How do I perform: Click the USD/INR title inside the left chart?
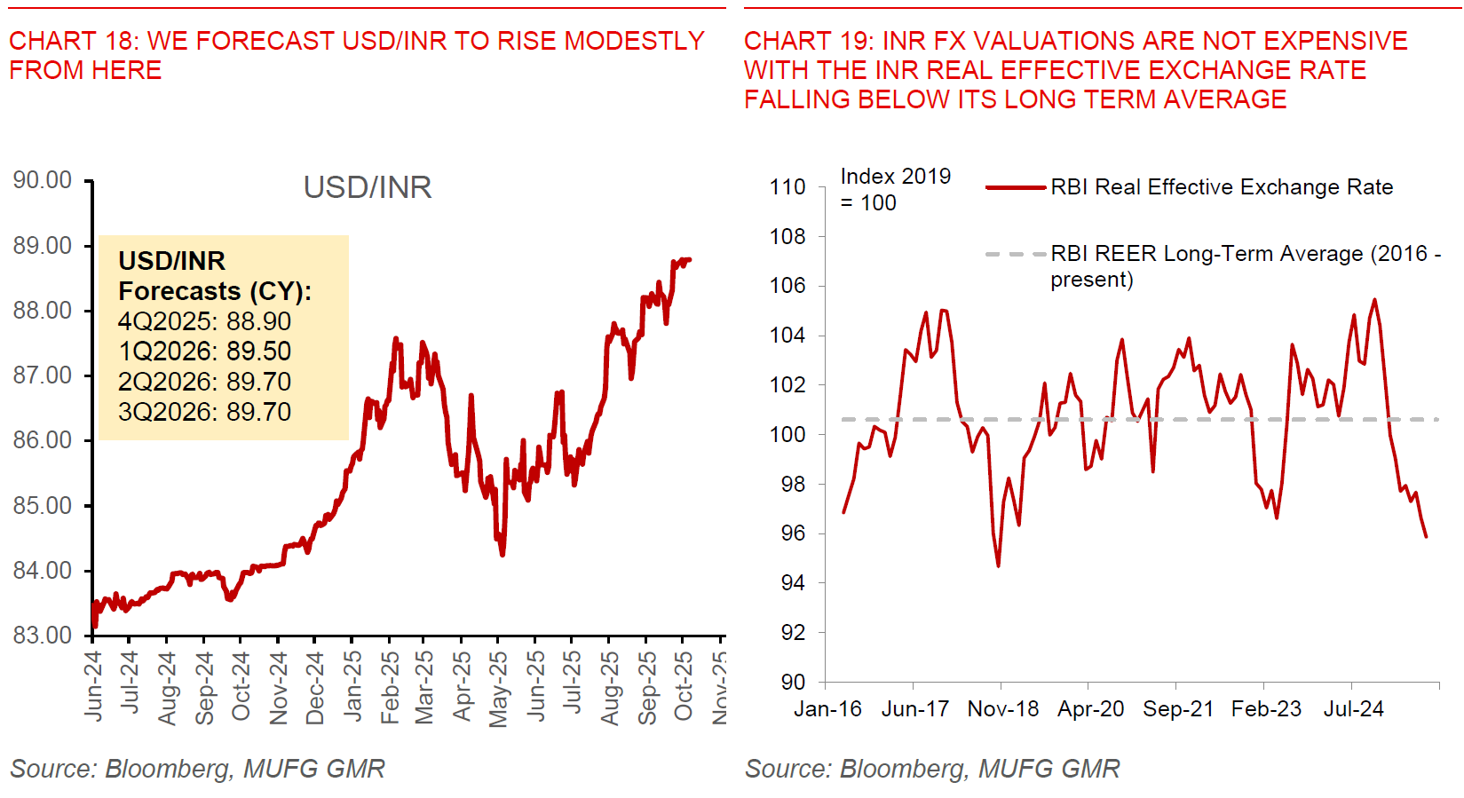point(368,187)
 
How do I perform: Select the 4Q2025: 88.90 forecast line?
point(204,321)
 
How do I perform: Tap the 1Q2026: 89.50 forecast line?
point(204,352)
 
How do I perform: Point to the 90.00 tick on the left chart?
point(43,180)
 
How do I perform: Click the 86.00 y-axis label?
point(43,440)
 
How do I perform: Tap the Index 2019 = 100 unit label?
point(895,189)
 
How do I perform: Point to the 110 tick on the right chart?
point(787,187)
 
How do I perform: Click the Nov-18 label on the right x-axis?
point(1002,709)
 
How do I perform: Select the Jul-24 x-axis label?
point(1353,709)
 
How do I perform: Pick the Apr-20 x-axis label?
point(1090,709)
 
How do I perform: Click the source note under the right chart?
point(932,769)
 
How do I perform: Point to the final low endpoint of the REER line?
point(1426,536)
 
